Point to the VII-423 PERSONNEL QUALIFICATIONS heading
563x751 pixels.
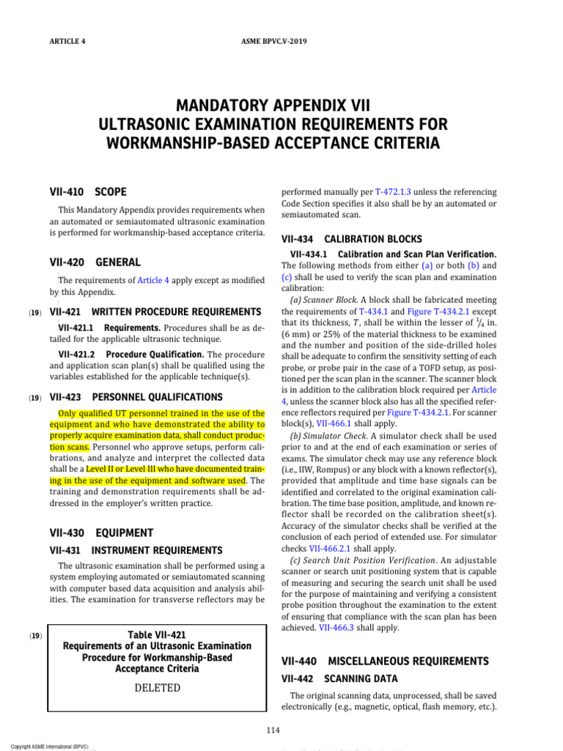(136, 397)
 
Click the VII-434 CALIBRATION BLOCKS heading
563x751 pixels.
(352, 239)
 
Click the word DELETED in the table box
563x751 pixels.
(157, 688)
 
